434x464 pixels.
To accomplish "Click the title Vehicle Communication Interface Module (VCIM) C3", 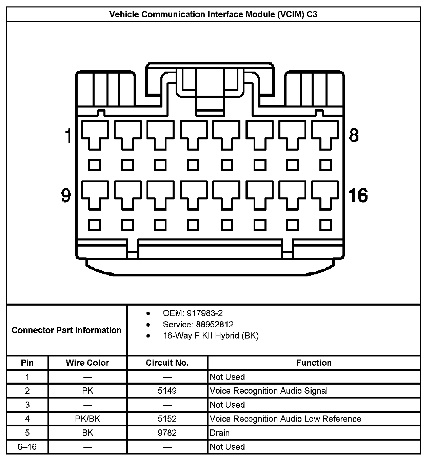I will [213, 14].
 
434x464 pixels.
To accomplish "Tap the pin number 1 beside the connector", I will [68, 135].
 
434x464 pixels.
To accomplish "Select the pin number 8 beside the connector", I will [354, 135].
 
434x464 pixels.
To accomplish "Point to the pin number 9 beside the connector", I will [66, 195].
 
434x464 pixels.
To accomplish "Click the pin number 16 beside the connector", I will [358, 195].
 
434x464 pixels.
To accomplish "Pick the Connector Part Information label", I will [66, 330].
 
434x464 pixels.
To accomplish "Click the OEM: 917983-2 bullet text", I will [193, 313].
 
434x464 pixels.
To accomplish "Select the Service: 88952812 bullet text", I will [198, 324].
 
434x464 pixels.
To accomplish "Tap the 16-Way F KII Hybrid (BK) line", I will [211, 335].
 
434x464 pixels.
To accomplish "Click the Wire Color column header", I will [87, 363].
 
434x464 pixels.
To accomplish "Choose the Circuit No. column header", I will [167, 363].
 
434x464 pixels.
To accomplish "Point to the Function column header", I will [314, 363].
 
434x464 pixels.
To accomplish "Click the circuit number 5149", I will [167, 391].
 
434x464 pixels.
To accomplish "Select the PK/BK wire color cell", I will [87, 419].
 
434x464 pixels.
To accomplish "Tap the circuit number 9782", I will [167, 433].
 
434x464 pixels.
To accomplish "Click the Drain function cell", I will [220, 433].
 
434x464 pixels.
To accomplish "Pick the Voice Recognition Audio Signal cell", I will [269, 391].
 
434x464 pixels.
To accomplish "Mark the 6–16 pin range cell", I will [27, 447].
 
